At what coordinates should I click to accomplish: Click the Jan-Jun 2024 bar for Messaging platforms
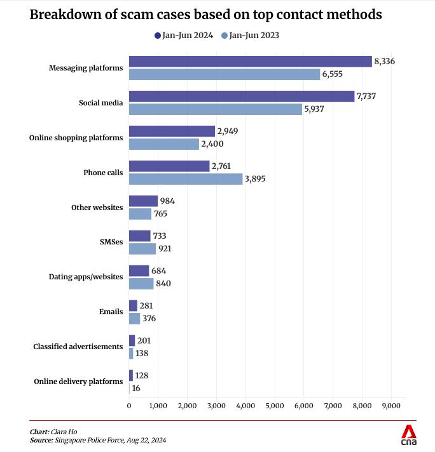click(250, 62)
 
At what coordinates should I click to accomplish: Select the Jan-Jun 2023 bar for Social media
click(216, 109)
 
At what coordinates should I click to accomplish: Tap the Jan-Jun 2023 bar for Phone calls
click(186, 179)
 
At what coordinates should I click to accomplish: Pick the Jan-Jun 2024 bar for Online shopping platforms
click(172, 131)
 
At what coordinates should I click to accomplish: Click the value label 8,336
click(385, 62)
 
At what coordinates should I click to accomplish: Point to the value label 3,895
click(255, 179)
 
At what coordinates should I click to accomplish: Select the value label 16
click(136, 388)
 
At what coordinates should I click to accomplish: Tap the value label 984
click(167, 201)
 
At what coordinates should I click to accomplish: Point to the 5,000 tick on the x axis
click(275, 405)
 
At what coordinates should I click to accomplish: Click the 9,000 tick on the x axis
click(390, 405)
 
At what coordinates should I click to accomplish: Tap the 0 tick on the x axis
click(129, 405)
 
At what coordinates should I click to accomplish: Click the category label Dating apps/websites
click(86, 277)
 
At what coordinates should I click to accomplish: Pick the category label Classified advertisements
click(78, 347)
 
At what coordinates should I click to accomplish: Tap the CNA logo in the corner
click(408, 435)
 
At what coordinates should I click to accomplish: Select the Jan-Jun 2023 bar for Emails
click(134, 319)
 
